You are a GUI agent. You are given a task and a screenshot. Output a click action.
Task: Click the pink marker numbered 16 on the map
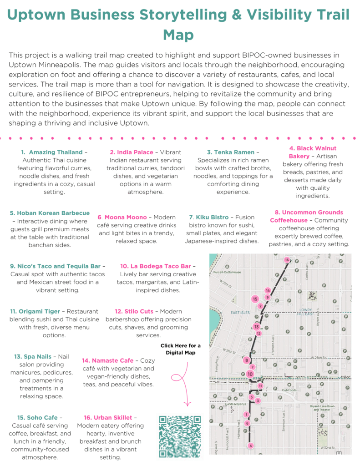pyautogui.click(x=287, y=260)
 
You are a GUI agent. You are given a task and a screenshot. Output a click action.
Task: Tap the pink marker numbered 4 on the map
pyautogui.click(x=250, y=446)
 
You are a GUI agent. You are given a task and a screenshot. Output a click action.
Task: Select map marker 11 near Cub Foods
pyautogui.click(x=260, y=386)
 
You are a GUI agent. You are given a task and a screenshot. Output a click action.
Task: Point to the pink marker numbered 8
pyautogui.click(x=247, y=360)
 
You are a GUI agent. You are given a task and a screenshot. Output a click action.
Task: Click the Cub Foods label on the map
pyautogui.click(x=289, y=390)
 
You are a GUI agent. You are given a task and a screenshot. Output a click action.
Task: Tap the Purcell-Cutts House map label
pyautogui.click(x=227, y=272)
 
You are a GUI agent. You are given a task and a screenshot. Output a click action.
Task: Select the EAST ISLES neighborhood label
pyautogui.click(x=240, y=313)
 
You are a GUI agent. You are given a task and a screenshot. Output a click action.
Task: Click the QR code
pyautogui.click(x=180, y=436)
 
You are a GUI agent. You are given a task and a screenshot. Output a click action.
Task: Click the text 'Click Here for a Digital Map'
pyautogui.click(x=180, y=349)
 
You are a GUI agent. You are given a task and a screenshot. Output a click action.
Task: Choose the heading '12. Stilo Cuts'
pyautogui.click(x=134, y=311)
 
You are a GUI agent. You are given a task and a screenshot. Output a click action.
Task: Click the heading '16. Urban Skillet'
pyautogui.click(x=108, y=417)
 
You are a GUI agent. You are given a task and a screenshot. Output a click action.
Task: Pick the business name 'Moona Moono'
pyautogui.click(x=126, y=217)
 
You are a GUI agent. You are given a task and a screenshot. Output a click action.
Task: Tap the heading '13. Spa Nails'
pyautogui.click(x=35, y=356)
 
